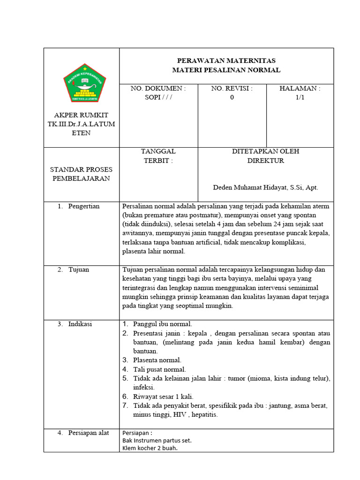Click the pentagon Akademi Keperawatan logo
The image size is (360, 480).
(84, 84)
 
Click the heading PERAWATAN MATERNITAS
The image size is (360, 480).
(226, 61)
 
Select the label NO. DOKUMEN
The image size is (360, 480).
(158, 89)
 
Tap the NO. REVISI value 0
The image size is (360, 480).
(232, 97)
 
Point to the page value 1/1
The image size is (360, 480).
(300, 97)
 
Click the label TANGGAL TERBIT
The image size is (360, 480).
(158, 156)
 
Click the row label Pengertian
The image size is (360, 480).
(84, 206)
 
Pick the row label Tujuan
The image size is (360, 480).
(78, 270)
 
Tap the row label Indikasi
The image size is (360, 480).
(80, 324)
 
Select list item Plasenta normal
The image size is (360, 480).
(157, 360)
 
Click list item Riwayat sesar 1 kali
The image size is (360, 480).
(163, 397)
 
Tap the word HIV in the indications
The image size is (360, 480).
(179, 415)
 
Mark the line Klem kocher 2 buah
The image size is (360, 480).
(150, 448)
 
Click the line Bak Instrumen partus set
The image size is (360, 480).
(157, 440)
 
